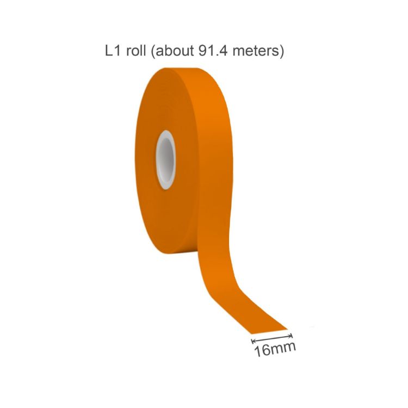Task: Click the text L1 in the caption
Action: tap(112, 52)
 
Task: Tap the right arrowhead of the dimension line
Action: tap(291, 335)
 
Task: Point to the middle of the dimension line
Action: tap(272, 338)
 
